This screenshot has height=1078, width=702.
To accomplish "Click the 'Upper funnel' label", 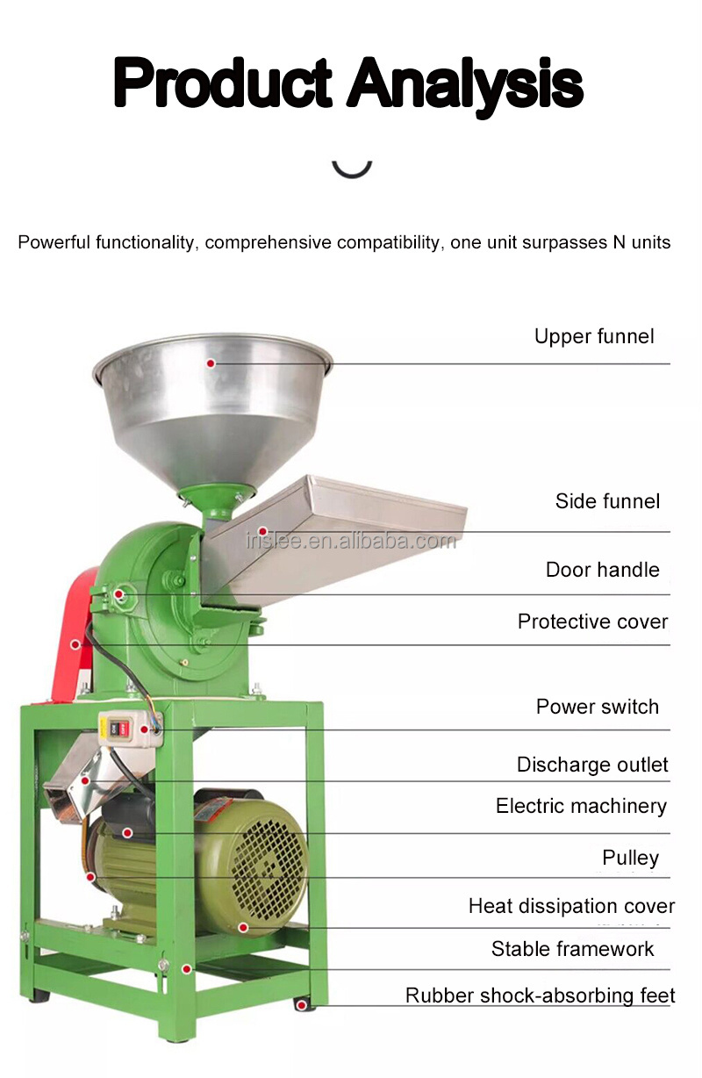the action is [594, 336].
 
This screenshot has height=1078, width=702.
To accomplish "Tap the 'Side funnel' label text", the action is [607, 501].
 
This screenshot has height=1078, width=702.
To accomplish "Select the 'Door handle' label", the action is [602, 570].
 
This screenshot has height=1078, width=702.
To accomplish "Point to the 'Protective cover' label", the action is [593, 622].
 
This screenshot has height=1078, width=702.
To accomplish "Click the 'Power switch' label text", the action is [597, 707].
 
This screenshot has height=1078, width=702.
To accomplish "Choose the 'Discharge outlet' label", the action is [592, 765].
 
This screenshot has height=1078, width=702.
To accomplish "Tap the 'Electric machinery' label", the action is [581, 807].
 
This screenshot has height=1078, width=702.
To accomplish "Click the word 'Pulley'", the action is [630, 858].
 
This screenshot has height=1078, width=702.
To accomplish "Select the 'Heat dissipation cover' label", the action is [571, 906].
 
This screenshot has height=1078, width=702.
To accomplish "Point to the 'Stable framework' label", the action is [573, 949].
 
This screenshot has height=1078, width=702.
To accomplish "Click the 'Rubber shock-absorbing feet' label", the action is [541, 995].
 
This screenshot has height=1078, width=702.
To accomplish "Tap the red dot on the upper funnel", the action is [211, 363].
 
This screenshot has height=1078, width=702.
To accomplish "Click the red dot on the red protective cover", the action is [75, 644].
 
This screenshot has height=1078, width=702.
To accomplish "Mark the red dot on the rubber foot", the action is [301, 1005].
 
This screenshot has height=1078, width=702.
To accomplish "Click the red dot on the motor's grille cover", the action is [243, 928].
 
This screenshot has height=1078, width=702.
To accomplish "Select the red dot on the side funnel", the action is [262, 531].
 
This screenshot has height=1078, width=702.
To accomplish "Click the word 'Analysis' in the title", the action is [465, 83].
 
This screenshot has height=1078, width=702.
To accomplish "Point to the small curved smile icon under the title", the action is [352, 169].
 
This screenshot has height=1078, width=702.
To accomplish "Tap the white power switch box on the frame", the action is [130, 729].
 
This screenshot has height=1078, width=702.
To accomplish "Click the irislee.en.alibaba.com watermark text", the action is [351, 542].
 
